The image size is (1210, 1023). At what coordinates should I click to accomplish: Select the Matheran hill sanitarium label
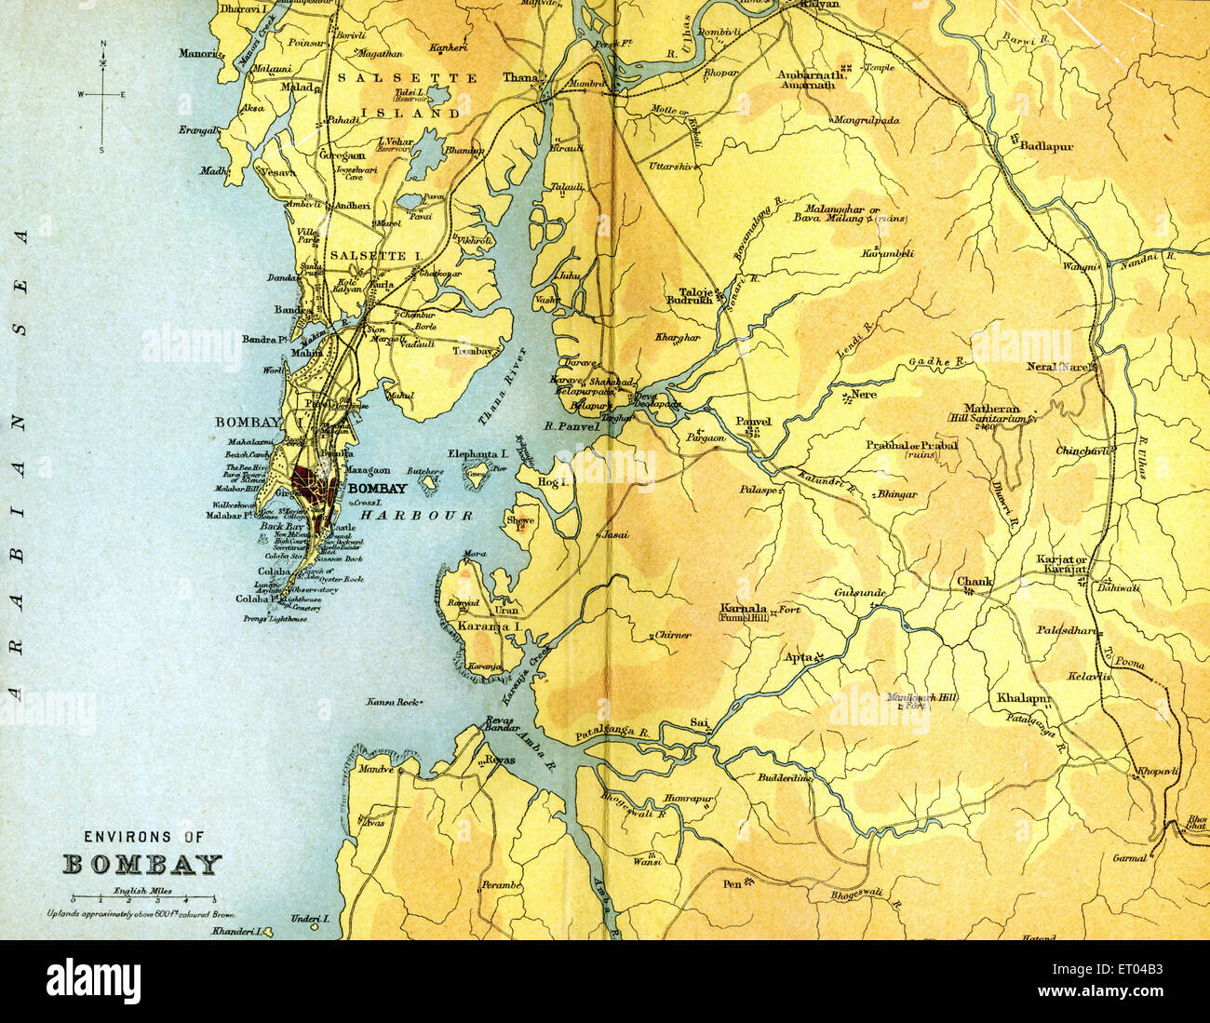click(x=991, y=409)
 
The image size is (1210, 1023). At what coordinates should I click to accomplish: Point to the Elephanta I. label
click(x=477, y=453)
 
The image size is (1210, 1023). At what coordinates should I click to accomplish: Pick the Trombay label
click(x=473, y=352)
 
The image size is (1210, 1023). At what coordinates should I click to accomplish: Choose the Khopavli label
click(x=1157, y=772)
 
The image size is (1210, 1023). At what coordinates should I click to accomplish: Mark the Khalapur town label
click(x=1023, y=697)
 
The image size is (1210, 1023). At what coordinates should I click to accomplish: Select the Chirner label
click(x=672, y=635)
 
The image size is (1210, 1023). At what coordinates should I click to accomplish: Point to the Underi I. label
click(x=311, y=919)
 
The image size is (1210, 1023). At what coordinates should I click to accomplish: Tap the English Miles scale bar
click(x=142, y=899)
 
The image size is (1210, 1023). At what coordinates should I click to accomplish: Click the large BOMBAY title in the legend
click(x=142, y=865)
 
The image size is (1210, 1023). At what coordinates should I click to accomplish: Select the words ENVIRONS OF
click(x=143, y=837)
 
